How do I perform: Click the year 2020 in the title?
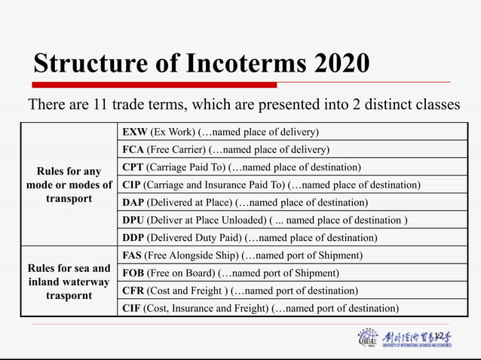point(342,63)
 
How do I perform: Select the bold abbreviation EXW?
point(133,132)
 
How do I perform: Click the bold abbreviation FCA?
point(132,149)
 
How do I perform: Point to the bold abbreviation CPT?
point(132,166)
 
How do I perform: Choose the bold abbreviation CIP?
point(131,185)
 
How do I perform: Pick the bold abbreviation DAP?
point(132,203)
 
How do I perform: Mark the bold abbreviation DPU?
point(133,220)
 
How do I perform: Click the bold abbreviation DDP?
point(133,238)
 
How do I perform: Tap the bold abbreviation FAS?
point(131,255)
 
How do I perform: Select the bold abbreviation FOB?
point(132,273)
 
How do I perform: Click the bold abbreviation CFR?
point(132,290)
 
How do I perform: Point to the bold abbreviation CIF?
point(131,307)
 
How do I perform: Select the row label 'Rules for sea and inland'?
point(69,275)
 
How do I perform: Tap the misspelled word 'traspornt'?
point(69,296)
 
